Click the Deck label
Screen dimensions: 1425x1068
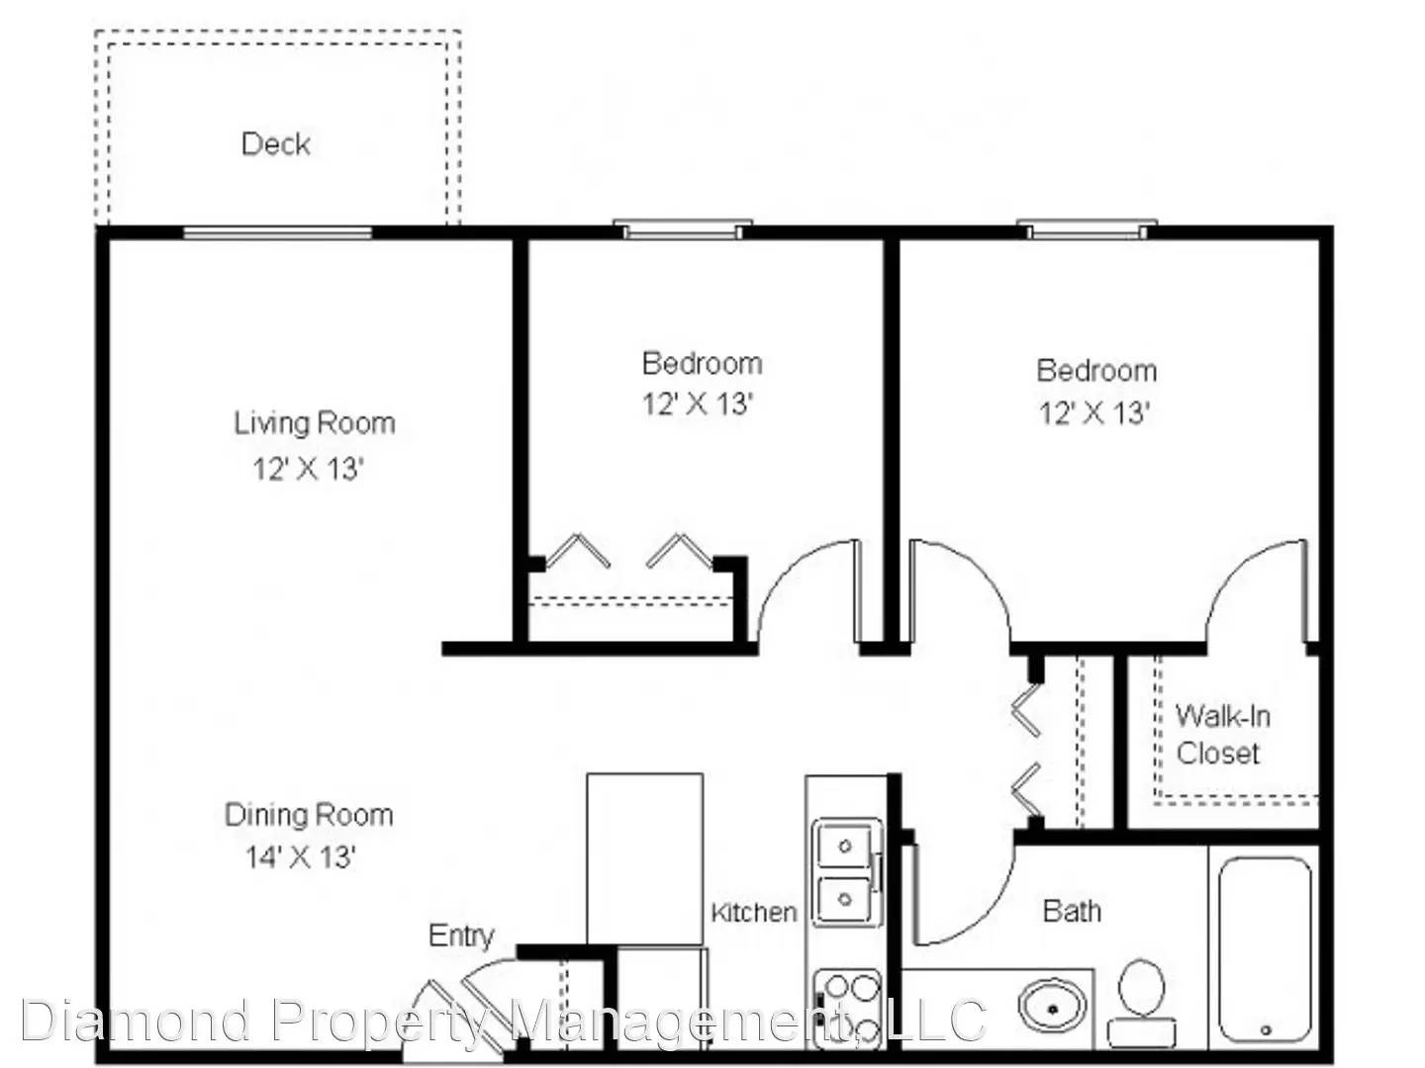(275, 144)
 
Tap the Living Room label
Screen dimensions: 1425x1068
(315, 423)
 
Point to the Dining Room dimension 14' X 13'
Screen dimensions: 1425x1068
(301, 856)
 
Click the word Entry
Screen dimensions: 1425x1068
(461, 935)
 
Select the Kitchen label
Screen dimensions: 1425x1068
(754, 913)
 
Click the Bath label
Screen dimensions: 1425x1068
(1072, 911)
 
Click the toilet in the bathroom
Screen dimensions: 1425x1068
(1141, 1003)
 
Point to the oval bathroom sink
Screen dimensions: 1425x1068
(1052, 1010)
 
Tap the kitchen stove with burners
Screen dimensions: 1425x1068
(845, 1009)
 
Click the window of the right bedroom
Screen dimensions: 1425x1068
(1087, 228)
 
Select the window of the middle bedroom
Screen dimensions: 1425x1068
(683, 228)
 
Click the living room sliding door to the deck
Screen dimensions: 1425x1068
(277, 232)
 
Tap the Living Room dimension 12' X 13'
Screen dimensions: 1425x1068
(307, 468)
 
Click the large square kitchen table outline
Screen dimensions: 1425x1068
(644, 859)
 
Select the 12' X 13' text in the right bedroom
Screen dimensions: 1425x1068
(1094, 412)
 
